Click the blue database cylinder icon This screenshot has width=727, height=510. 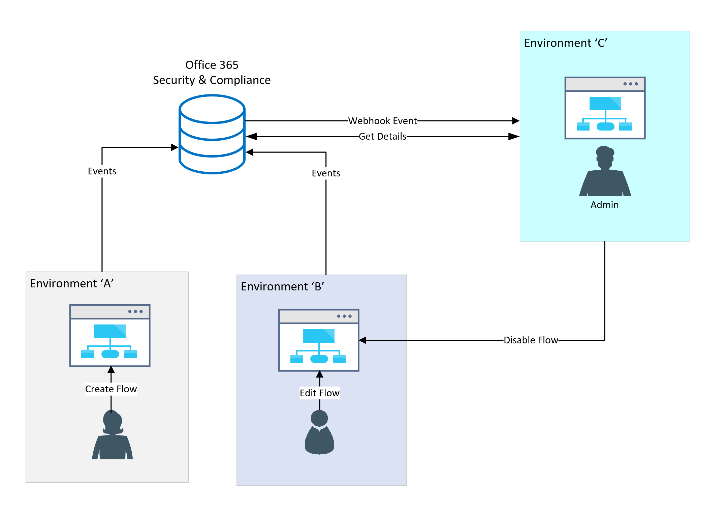[212, 134]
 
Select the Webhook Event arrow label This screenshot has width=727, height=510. [382, 121]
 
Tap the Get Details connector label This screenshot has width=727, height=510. [382, 136]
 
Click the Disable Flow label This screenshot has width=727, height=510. [531, 340]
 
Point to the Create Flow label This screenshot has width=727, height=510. [111, 389]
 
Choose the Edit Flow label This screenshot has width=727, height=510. [319, 393]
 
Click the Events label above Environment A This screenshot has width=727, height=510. [102, 171]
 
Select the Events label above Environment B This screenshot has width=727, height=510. [326, 173]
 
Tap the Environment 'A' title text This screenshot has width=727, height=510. [72, 283]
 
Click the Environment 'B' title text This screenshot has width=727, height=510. [282, 286]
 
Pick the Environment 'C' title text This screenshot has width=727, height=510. [566, 43]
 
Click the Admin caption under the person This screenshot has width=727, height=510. [604, 205]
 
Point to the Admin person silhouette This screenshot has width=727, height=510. [605, 172]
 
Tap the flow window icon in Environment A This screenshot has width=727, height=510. [110, 336]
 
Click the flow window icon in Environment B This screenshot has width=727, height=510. [319, 340]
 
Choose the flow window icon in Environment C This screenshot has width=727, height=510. [605, 108]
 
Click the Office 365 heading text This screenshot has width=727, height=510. [212, 65]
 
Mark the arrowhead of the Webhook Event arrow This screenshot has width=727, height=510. [516, 121]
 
